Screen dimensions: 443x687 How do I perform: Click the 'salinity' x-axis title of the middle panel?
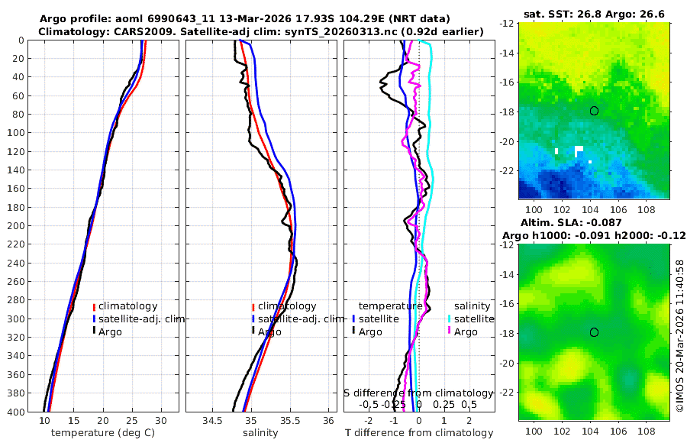(x=260, y=433)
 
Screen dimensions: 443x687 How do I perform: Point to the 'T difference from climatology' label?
(x=418, y=433)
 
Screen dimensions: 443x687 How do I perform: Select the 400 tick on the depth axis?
(x=18, y=412)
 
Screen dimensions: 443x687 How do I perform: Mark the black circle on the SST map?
(x=594, y=111)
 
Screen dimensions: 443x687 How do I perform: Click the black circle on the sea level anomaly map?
(x=594, y=332)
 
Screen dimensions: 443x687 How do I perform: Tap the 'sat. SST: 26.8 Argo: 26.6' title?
(x=595, y=13)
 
